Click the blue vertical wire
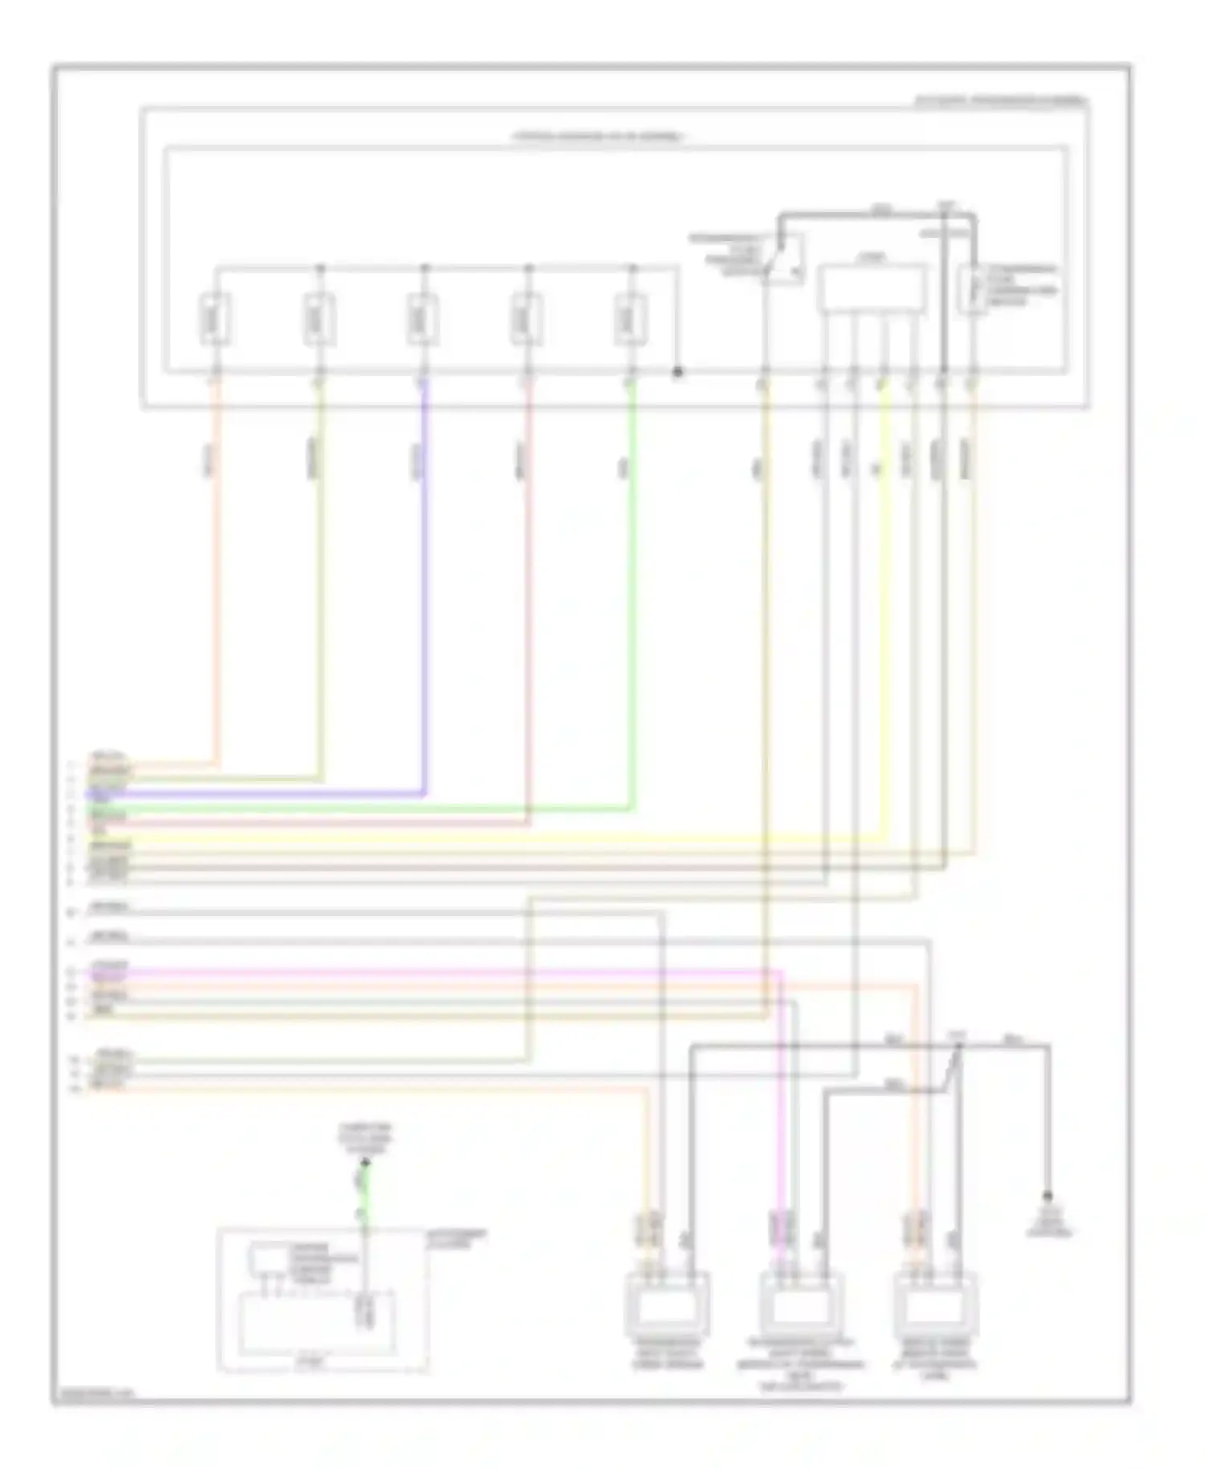click(424, 579)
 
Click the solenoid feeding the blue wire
click(423, 319)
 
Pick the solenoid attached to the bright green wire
click(631, 319)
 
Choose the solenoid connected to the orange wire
click(214, 319)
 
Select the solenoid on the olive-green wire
click(319, 319)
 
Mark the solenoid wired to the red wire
click(526, 319)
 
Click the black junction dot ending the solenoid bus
click(677, 372)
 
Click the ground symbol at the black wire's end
click(1048, 1197)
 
